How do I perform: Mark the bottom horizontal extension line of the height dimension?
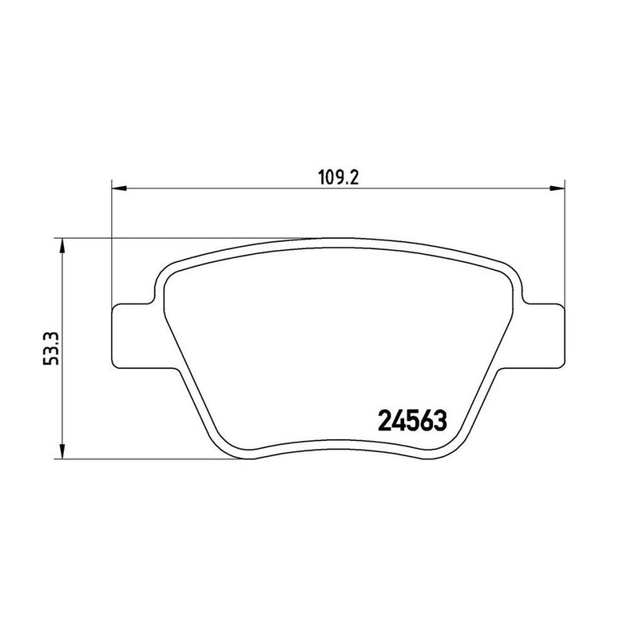[144, 458]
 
